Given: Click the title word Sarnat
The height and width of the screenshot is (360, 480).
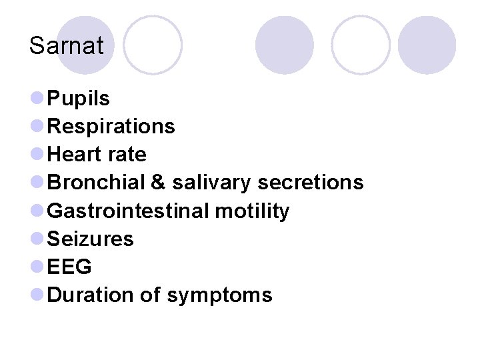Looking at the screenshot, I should point(66,46).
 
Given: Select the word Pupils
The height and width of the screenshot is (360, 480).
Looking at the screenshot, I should point(79,99).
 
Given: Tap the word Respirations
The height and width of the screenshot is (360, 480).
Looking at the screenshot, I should point(111,127).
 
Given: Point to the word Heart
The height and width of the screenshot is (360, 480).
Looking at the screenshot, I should point(75,155).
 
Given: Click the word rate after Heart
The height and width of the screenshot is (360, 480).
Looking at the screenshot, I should point(126,155).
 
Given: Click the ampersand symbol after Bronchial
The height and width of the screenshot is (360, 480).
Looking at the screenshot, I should point(157,183).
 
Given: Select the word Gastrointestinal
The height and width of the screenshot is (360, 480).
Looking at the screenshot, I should point(129,211).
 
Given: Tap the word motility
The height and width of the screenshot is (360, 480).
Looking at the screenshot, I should point(252,211).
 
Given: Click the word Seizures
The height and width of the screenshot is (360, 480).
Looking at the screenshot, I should point(91,239).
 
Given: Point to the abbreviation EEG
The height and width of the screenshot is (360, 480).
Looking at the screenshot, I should point(70,267).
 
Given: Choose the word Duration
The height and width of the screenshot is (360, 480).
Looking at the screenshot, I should point(91,295).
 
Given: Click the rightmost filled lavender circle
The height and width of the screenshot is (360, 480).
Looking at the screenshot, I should point(427,45).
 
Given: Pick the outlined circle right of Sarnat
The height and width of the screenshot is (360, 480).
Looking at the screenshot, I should point(153,45).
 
